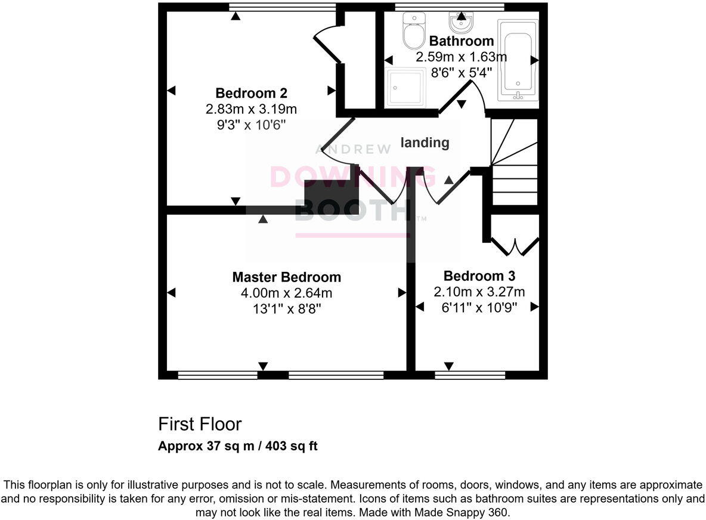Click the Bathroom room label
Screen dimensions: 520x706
coord(461,41)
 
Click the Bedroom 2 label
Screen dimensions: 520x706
coord(251,93)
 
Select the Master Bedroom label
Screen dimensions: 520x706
coord(286,277)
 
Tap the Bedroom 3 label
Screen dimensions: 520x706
coord(479,276)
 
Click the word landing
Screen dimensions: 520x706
coord(425,143)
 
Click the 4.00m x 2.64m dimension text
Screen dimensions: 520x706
coord(286,293)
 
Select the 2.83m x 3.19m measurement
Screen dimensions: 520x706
coord(251,109)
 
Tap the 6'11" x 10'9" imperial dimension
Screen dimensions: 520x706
coord(479,308)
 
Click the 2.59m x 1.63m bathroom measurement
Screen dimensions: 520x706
coord(461,57)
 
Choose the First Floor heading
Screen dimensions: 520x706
coord(200,425)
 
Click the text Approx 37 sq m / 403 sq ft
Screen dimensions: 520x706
coord(237,446)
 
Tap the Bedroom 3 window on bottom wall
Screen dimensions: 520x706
coord(469,375)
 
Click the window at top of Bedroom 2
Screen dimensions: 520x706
coord(282,7)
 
